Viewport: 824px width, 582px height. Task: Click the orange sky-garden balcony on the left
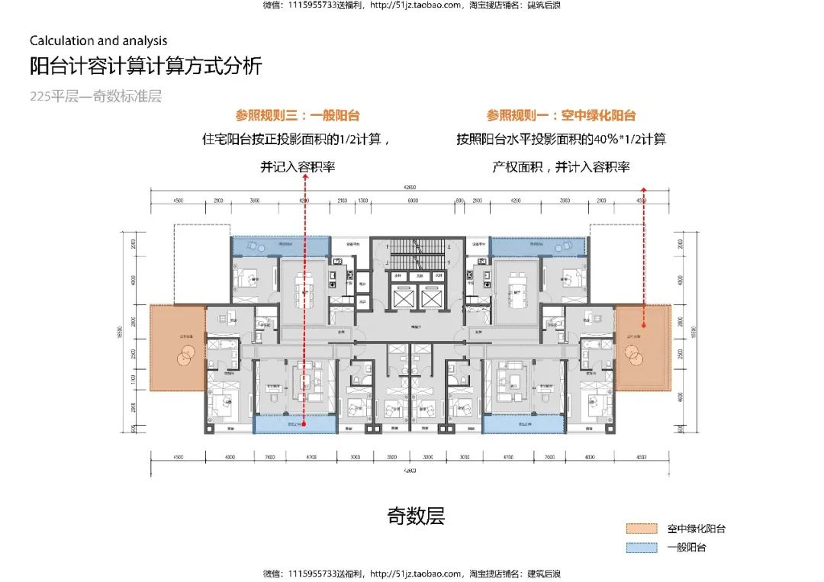[177, 348]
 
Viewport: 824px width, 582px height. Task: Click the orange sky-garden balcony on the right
[642, 348]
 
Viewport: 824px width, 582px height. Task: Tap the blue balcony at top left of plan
[280, 246]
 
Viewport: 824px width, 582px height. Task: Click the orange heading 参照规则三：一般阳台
[298, 116]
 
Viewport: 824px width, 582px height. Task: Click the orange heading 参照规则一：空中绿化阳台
[561, 116]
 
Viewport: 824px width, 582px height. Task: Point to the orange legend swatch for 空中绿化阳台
[642, 529]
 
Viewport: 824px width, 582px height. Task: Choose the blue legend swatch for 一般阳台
[642, 548]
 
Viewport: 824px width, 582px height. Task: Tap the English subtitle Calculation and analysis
[98, 41]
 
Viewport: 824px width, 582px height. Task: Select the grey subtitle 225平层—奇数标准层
[96, 97]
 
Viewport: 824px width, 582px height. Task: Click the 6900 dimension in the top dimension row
[413, 200]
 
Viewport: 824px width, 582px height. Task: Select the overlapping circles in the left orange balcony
[185, 355]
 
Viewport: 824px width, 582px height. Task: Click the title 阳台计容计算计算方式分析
[145, 66]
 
